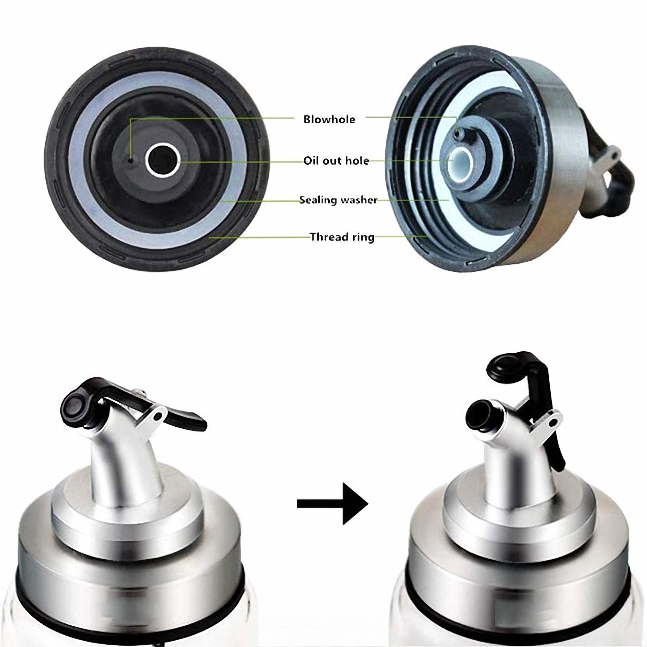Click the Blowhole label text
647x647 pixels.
point(329,119)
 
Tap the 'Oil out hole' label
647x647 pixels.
point(336,161)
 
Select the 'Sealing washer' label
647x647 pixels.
point(338,200)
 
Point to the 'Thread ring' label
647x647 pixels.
point(342,237)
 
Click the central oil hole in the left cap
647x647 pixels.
point(162,161)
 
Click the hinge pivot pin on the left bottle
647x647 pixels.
point(156,416)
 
